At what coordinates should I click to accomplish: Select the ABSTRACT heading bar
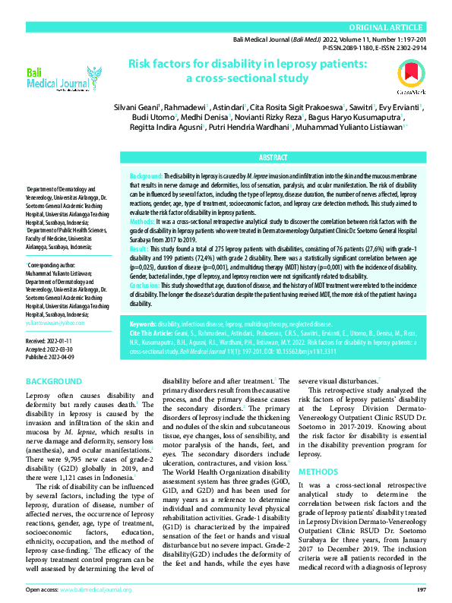coord(273,157)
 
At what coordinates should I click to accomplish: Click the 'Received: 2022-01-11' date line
coord(50,342)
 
